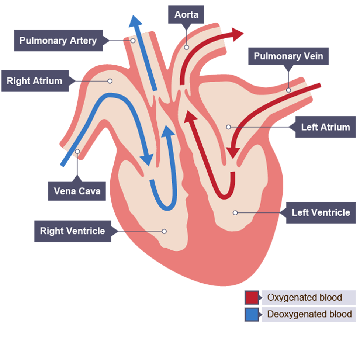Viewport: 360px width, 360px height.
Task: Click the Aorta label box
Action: click(x=186, y=15)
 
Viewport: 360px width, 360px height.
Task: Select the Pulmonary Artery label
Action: click(x=58, y=41)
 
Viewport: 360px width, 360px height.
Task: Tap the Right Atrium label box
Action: click(x=35, y=81)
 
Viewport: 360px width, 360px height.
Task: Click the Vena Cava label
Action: click(x=77, y=191)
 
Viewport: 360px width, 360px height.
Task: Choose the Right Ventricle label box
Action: click(x=73, y=231)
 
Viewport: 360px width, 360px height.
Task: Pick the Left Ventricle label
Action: click(x=321, y=213)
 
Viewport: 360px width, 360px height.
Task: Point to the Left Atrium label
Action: click(x=325, y=127)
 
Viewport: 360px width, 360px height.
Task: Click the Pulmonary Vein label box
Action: click(x=288, y=56)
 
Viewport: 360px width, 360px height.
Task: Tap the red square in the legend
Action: click(x=252, y=297)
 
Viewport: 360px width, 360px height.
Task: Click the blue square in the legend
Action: click(x=252, y=315)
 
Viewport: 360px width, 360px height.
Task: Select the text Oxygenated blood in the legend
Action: click(x=305, y=297)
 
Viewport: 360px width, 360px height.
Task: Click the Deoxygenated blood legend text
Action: click(x=309, y=315)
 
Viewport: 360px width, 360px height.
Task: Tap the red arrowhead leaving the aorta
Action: click(x=237, y=34)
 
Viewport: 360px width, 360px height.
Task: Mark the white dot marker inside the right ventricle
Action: click(x=164, y=231)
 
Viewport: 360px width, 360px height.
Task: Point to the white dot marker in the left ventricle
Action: click(x=235, y=212)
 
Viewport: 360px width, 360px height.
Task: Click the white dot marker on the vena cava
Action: click(x=77, y=151)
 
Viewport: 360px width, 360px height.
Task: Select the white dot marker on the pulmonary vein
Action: click(x=288, y=90)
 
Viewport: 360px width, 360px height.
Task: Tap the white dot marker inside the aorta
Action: click(x=187, y=47)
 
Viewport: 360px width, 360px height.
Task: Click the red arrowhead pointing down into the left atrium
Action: click(x=233, y=152)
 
